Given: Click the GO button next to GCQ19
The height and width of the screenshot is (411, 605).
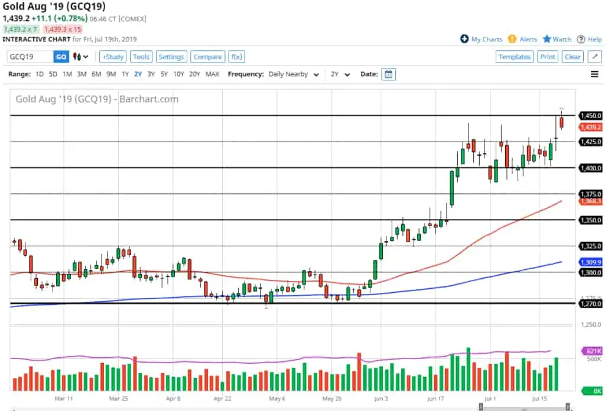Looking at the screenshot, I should [61, 57].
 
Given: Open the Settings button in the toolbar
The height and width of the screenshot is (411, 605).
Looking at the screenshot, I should [171, 57].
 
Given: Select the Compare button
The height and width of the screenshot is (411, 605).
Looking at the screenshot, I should [207, 57].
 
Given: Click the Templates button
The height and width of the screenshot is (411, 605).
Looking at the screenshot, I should [514, 57].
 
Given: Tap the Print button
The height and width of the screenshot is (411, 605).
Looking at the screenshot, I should [548, 57].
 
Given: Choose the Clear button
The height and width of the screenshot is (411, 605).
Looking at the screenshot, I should [573, 57].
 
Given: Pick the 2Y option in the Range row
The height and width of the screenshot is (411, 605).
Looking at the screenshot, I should [138, 74].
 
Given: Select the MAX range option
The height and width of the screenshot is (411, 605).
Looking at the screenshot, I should [212, 74].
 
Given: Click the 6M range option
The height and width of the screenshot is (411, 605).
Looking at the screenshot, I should [96, 74].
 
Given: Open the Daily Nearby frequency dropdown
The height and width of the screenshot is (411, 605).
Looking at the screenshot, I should [294, 74].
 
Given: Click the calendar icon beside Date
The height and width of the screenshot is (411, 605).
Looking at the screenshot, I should [388, 74].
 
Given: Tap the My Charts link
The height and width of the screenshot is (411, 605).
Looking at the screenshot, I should [482, 40].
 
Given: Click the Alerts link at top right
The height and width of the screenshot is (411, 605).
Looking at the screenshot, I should [523, 40].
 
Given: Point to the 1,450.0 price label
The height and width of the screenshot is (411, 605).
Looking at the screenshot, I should [590, 116].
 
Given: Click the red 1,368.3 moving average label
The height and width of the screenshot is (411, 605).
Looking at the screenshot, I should [590, 201].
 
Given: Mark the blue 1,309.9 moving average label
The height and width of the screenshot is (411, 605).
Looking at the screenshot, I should [590, 262].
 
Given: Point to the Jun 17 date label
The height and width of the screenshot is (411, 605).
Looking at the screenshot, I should [435, 399].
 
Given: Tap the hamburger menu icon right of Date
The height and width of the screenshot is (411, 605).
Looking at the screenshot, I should [594, 74].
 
